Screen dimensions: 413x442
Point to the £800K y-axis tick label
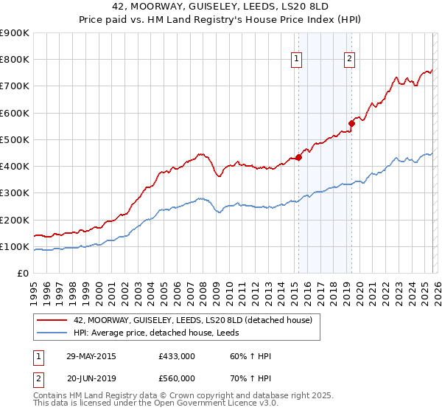pyautogui.click(x=15, y=60)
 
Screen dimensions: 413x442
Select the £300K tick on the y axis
pyautogui.click(x=15, y=193)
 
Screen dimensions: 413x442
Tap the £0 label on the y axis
pyautogui.click(x=22, y=274)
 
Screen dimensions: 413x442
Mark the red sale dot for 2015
pyautogui.click(x=299, y=157)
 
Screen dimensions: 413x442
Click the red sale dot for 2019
pyautogui.click(x=352, y=124)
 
